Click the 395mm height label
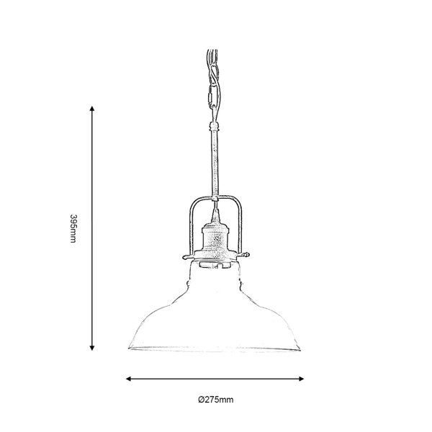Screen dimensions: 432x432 pos(73,228)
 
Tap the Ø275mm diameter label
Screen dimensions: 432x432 pos(216,399)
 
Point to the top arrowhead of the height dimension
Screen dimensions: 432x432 pos(92,108)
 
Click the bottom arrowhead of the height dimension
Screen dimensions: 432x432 pos(92,348)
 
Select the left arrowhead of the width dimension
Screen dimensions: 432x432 pos(128,379)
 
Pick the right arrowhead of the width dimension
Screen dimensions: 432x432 pos(301,379)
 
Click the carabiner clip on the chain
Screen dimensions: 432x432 pos(212,97)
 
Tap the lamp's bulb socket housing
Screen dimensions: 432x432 pos(215,238)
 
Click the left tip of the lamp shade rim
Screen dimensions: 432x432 pos(129,348)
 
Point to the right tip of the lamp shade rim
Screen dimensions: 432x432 pos(300,350)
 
